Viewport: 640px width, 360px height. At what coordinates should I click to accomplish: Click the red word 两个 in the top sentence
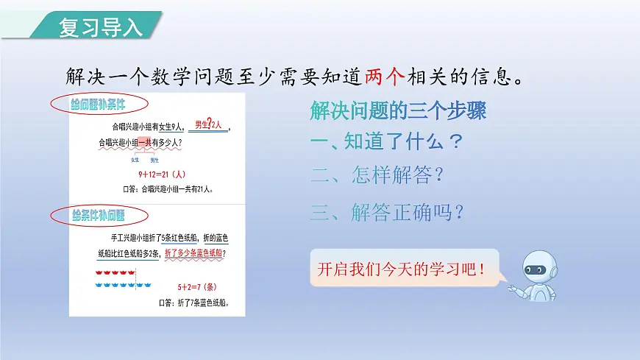click(x=385, y=76)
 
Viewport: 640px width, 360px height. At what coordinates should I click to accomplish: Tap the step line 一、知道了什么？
click(x=387, y=141)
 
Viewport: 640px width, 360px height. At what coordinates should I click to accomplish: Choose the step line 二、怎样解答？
click(x=377, y=176)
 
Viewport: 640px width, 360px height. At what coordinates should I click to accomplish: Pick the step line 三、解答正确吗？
click(x=387, y=213)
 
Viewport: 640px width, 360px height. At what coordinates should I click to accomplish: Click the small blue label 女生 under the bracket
click(x=135, y=160)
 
